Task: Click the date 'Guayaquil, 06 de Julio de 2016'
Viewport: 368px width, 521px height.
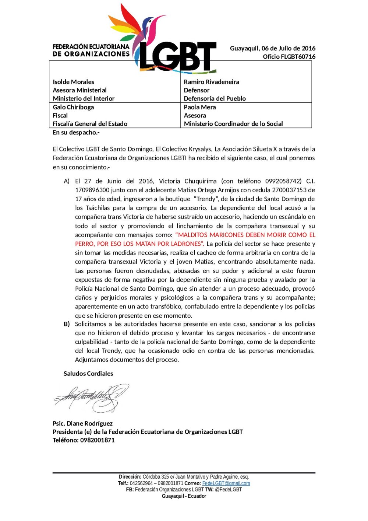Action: coord(272,48)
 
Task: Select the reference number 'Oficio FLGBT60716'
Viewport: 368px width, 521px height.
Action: coord(289,57)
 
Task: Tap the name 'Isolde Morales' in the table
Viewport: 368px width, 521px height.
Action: coord(73,82)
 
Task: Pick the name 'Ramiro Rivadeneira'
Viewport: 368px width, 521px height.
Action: coord(211,82)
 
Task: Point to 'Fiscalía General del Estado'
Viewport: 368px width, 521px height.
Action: coord(90,124)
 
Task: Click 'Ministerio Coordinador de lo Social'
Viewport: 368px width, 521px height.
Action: coord(233,124)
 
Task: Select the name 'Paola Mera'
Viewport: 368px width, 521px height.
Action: coord(200,107)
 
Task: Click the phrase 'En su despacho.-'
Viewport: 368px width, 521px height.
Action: coord(76,133)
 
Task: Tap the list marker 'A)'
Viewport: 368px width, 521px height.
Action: coord(67,181)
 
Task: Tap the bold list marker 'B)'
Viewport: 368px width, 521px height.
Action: coord(67,324)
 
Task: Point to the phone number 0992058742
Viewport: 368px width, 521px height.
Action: coord(283,181)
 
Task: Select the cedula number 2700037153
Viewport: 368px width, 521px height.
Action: coord(289,190)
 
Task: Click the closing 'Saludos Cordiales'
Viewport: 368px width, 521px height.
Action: coord(88,374)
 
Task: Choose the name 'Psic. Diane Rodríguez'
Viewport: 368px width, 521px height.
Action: coord(82,424)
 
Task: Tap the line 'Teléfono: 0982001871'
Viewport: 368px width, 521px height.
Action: coord(84,440)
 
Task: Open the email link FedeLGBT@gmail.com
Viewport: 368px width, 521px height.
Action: coord(226,483)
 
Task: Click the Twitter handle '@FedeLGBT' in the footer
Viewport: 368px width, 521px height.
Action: coord(228,490)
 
